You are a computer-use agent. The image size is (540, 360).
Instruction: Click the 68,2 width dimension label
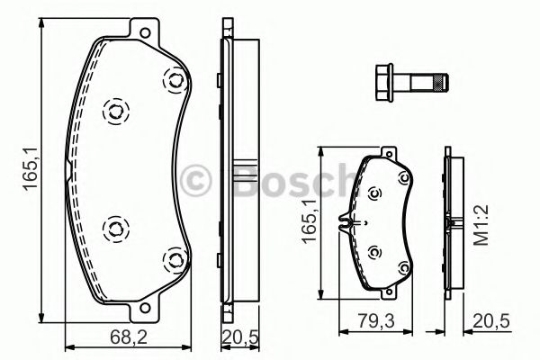click(x=129, y=337)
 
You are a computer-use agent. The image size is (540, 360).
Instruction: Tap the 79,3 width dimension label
click(x=375, y=320)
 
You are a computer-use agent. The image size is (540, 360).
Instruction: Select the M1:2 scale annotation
click(x=481, y=225)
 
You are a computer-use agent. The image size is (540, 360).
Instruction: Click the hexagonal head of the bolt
click(x=383, y=83)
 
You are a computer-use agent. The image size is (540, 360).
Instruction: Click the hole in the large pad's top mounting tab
click(x=145, y=33)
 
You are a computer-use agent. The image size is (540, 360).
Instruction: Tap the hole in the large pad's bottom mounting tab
click(x=145, y=307)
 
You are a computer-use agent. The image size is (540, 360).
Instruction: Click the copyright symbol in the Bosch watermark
click(x=195, y=180)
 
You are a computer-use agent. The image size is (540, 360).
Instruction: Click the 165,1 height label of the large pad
click(x=31, y=167)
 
